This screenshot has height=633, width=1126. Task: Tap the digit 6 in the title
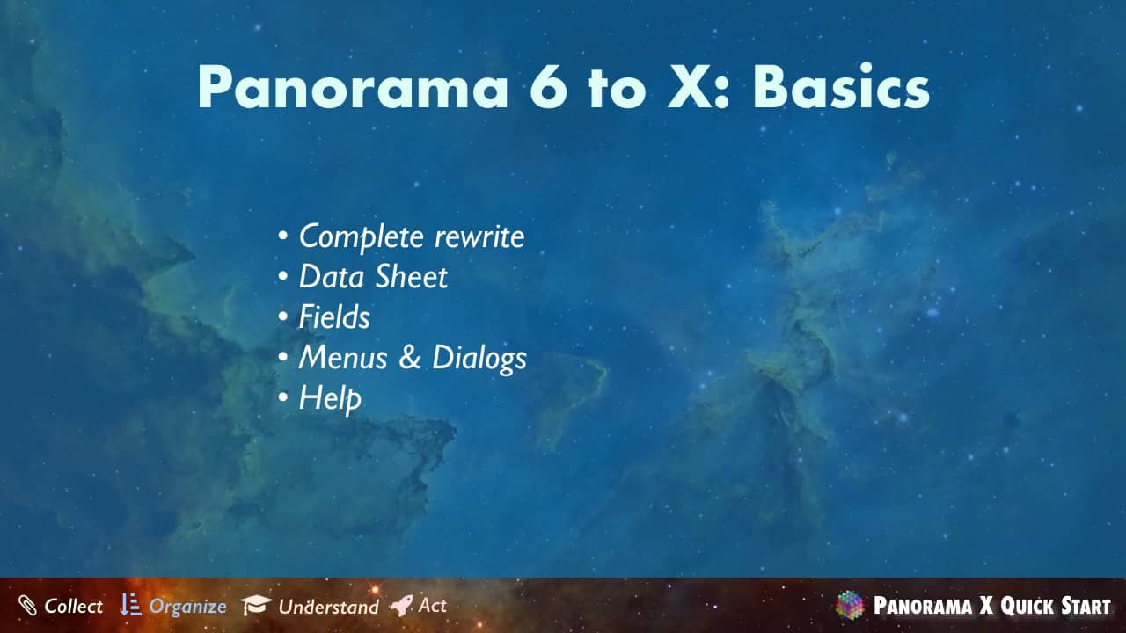click(548, 86)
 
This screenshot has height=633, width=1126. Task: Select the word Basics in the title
click(841, 85)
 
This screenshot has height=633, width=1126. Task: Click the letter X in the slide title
click(690, 86)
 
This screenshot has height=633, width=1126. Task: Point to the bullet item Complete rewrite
click(412, 236)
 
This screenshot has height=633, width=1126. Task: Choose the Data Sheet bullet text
click(373, 277)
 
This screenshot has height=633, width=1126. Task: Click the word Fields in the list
click(334, 317)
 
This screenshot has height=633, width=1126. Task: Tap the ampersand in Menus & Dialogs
click(410, 357)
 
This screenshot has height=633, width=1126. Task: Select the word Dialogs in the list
click(479, 359)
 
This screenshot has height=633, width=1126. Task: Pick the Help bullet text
click(330, 399)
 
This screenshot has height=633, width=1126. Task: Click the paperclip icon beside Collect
click(27, 606)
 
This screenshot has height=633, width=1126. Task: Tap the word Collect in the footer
click(73, 606)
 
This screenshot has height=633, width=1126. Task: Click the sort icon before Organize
click(130, 604)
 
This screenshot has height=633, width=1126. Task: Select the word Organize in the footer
click(188, 607)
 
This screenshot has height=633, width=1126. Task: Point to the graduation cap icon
click(256, 605)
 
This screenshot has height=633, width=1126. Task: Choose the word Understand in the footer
click(329, 607)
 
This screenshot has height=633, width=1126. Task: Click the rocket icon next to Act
click(402, 606)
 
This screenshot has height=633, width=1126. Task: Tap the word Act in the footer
click(432, 606)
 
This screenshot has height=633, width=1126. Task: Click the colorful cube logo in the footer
click(850, 605)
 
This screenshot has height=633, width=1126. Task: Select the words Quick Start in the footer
click(1055, 606)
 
